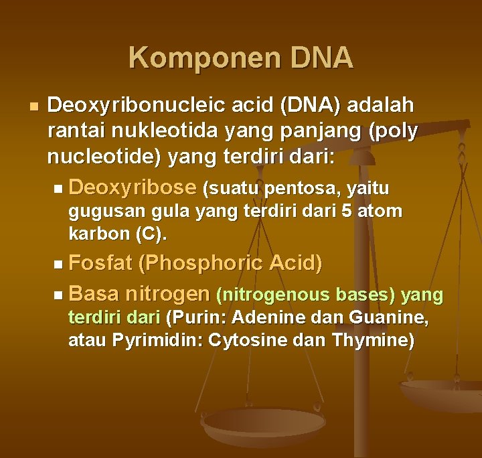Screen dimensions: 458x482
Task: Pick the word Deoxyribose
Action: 132,187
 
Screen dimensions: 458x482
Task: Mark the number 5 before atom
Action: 347,212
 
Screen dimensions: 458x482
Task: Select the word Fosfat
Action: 100,263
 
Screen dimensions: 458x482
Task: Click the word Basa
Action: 93,293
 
